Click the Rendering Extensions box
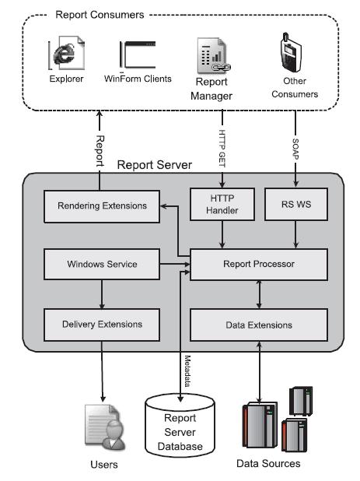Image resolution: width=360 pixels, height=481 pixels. [x=102, y=206]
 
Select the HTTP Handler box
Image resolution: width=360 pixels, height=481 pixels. [x=222, y=204]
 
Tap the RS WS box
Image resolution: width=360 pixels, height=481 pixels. [x=296, y=204]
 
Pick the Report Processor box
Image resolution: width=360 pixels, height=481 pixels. [x=259, y=264]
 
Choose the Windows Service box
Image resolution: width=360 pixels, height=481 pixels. [x=102, y=264]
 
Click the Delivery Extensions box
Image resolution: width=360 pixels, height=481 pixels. [x=102, y=325]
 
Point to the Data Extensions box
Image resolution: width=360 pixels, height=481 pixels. [x=259, y=325]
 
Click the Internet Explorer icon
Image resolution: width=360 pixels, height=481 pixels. [x=66, y=53]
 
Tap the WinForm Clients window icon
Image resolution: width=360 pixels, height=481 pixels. [x=138, y=54]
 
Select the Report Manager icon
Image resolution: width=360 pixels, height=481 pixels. [x=214, y=55]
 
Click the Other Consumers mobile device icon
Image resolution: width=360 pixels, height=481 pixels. [x=291, y=52]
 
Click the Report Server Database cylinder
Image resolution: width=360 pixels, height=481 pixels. [x=180, y=426]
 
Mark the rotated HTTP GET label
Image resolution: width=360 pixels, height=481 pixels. [x=222, y=149]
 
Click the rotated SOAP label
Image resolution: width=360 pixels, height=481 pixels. [x=295, y=149]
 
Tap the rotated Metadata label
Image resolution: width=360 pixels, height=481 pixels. [x=187, y=371]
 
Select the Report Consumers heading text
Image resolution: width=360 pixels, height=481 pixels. [x=100, y=15]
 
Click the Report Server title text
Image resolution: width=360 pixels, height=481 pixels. [x=155, y=165]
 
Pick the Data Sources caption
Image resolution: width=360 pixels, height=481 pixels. [x=268, y=463]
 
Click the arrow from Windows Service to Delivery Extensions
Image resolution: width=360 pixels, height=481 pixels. [x=102, y=294]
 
